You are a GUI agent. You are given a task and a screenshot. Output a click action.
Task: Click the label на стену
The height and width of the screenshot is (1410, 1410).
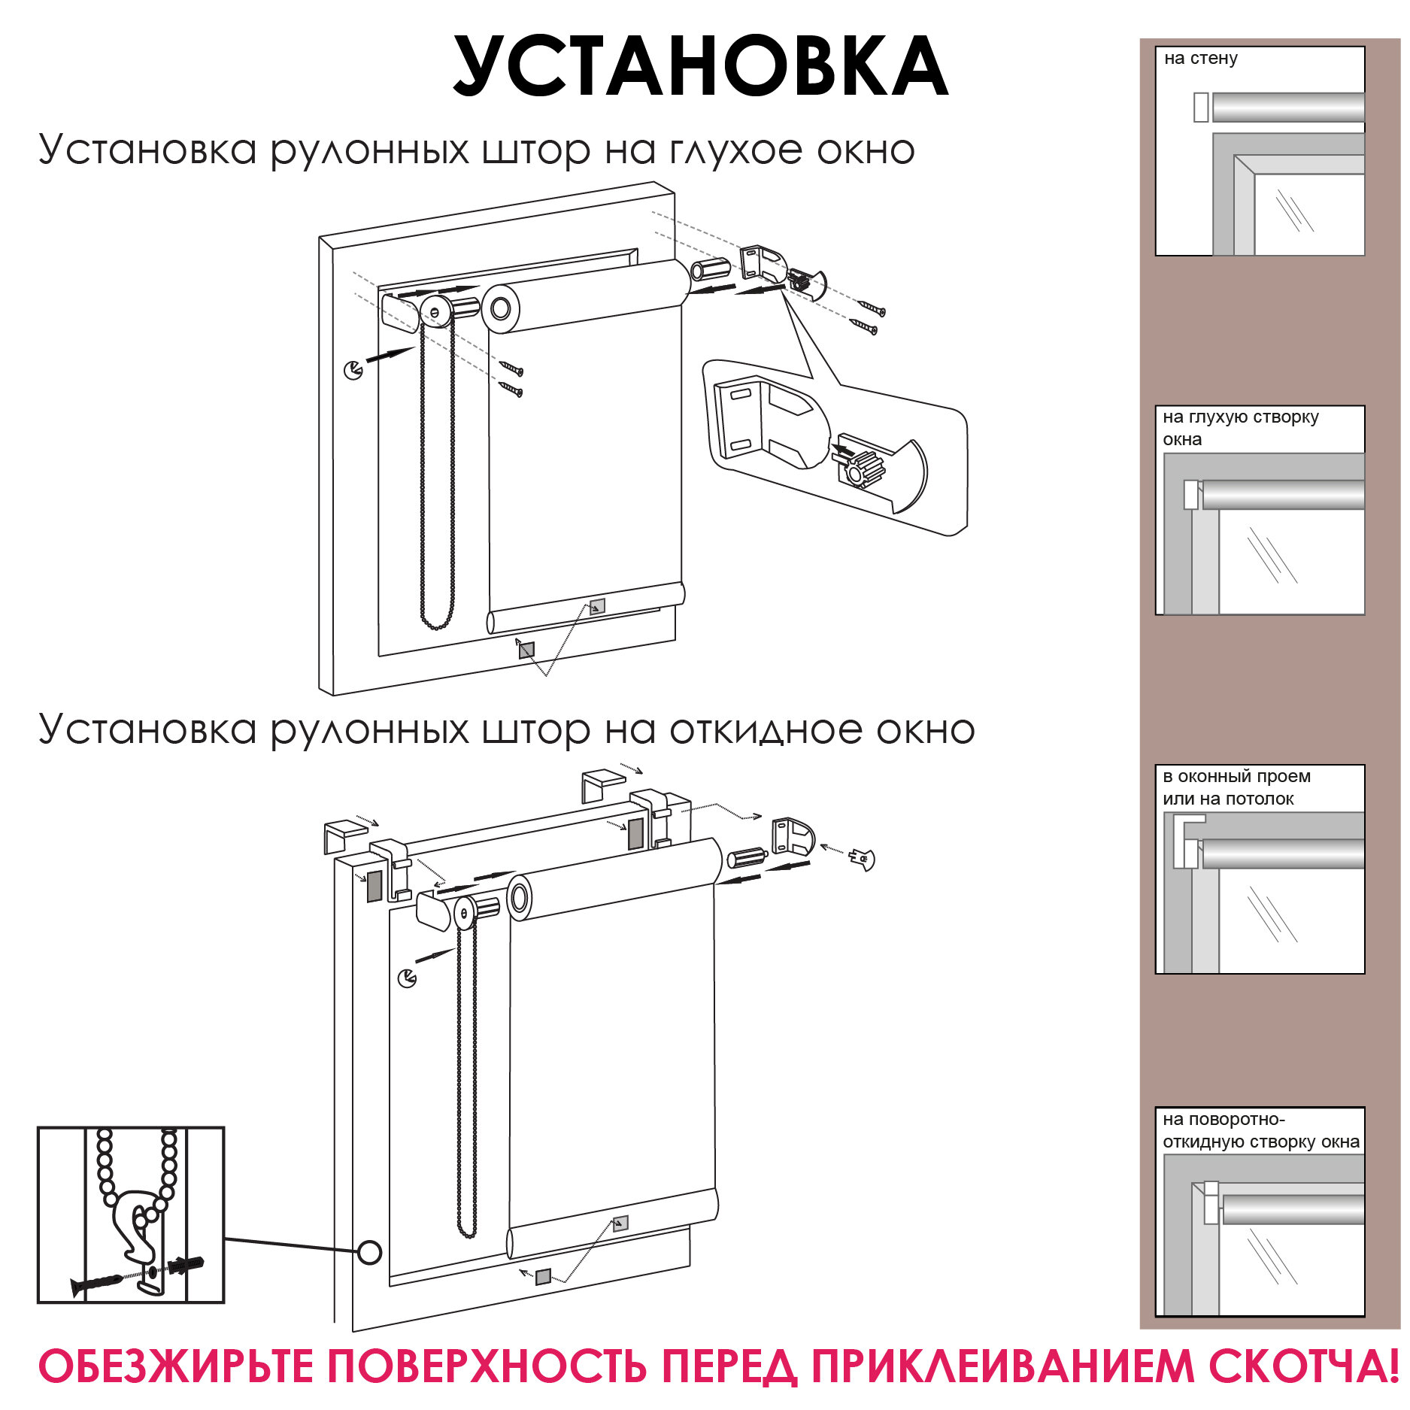[x=1200, y=59]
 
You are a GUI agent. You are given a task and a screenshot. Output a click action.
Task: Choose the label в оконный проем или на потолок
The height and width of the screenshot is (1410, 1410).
[x=1236, y=787]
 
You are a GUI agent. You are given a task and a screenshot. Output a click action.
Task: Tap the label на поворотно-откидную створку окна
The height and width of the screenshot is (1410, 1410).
[x=1260, y=1130]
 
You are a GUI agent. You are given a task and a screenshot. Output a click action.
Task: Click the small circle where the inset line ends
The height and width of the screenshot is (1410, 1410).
[x=369, y=1252]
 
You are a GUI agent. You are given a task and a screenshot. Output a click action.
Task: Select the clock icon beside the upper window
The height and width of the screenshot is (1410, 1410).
[x=353, y=370]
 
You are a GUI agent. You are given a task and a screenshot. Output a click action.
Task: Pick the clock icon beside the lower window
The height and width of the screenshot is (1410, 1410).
[x=407, y=978]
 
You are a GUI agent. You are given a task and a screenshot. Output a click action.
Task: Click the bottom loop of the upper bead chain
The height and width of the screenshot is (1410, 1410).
[x=437, y=626]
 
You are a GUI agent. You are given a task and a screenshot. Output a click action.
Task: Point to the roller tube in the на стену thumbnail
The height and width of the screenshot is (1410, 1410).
[x=1287, y=107]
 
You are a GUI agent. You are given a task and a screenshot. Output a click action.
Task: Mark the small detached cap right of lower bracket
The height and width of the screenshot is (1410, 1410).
[x=863, y=857]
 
